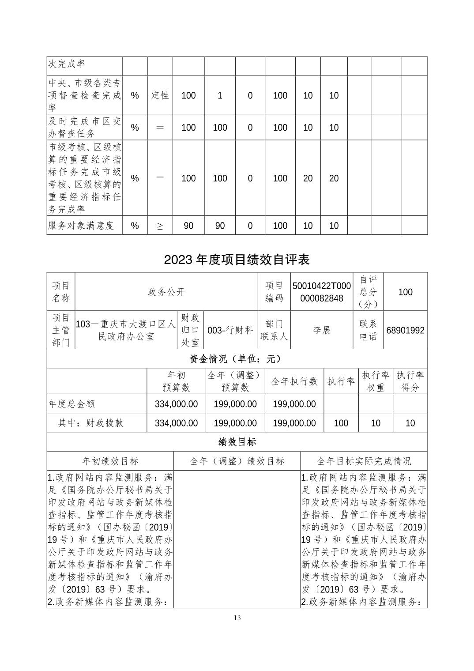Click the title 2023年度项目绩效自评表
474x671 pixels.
pyautogui.click(x=237, y=260)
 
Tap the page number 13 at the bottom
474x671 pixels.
pyautogui.click(x=237, y=618)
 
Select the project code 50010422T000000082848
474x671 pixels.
pyautogui.click(x=321, y=292)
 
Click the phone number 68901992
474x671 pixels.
pyautogui.click(x=405, y=330)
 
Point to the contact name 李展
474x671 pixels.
pyautogui.click(x=322, y=330)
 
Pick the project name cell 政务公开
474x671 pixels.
pyautogui.click(x=166, y=292)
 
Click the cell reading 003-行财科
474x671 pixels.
pyautogui.click(x=230, y=330)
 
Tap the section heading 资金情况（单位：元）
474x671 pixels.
pyautogui.click(x=237, y=359)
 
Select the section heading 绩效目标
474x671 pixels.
pyautogui.click(x=237, y=442)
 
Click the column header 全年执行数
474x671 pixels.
pyautogui.click(x=294, y=381)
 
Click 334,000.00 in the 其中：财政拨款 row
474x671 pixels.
pyautogui.click(x=176, y=423)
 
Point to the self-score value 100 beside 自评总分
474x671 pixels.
pyautogui.click(x=405, y=292)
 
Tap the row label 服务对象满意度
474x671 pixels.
pyautogui.click(x=81, y=226)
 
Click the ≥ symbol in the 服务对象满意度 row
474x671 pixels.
pyautogui.click(x=160, y=226)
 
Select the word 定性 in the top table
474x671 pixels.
pyautogui.click(x=160, y=95)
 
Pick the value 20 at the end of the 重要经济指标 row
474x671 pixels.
pyautogui.click(x=334, y=178)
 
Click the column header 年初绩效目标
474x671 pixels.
pyautogui.click(x=110, y=461)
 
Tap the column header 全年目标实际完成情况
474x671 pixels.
pyautogui.click(x=364, y=461)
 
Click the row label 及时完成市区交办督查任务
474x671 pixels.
pyautogui.click(x=84, y=127)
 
